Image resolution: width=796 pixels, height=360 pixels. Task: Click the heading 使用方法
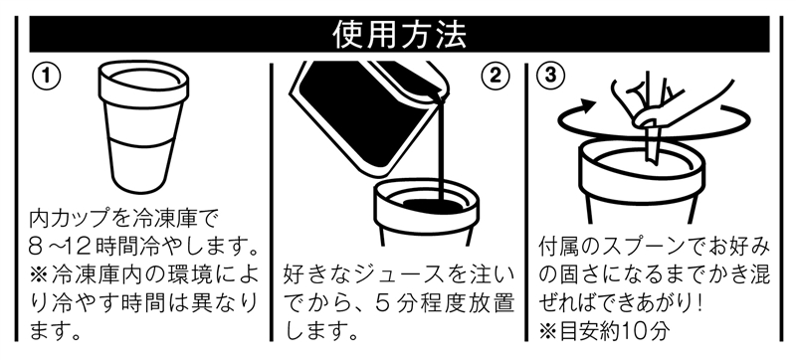coord(400,34)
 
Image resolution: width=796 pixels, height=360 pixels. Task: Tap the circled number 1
coord(46,76)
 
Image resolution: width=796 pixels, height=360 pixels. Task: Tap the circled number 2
coord(495,76)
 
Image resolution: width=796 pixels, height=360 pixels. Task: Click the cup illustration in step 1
coord(143,125)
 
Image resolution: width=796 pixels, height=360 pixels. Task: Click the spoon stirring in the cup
coord(651,143)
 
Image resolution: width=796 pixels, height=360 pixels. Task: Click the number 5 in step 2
coord(384,303)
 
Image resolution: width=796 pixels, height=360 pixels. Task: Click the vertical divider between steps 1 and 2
coord(272,202)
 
